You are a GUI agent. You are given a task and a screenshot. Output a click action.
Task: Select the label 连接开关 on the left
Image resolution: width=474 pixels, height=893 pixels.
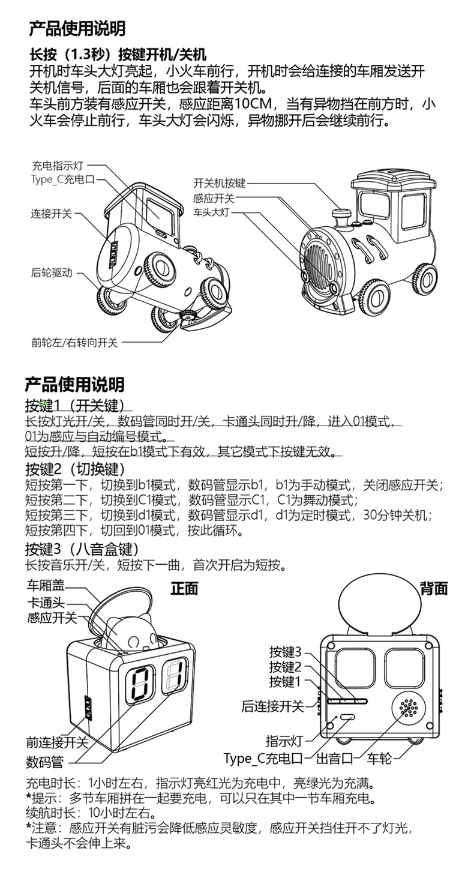(x=52, y=213)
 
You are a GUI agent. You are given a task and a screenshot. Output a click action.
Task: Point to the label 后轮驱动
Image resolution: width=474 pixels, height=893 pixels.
(x=52, y=273)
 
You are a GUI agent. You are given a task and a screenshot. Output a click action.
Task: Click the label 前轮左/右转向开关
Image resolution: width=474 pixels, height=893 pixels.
(x=75, y=343)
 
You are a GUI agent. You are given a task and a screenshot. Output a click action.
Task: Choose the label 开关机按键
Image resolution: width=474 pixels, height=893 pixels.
(x=219, y=184)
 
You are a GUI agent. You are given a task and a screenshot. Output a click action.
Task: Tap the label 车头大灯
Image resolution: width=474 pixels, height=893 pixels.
(x=211, y=212)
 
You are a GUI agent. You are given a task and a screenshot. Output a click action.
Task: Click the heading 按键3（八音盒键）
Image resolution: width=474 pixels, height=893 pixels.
(x=82, y=549)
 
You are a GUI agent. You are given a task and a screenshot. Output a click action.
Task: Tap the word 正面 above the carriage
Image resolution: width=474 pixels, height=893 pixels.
(x=184, y=588)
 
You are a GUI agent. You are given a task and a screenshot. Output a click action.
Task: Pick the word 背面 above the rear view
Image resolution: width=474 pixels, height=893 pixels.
(x=434, y=588)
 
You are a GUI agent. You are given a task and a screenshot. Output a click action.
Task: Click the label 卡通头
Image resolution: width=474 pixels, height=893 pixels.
(x=45, y=603)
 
